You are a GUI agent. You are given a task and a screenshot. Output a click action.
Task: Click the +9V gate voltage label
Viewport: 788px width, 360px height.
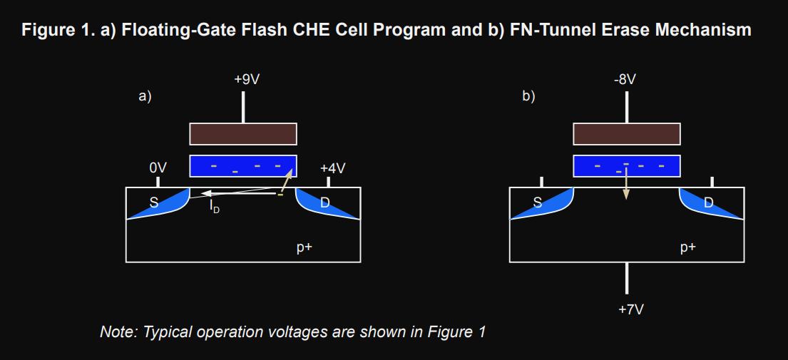[x=247, y=79]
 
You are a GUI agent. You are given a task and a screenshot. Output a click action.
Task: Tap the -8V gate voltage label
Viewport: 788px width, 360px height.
[x=625, y=79]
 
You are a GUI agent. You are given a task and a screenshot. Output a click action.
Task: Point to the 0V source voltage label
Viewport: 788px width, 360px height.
[x=158, y=168]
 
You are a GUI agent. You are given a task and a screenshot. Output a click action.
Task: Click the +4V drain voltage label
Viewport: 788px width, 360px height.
[x=332, y=168]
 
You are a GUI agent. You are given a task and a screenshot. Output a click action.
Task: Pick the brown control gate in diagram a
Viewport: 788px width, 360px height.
[x=243, y=133]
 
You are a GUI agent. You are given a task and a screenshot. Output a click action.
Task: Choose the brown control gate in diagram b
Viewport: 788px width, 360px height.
[x=627, y=133]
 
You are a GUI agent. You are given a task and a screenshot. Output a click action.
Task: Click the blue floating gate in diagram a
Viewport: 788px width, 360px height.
[x=243, y=165]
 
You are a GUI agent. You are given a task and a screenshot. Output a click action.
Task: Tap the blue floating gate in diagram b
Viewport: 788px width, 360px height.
[x=627, y=165]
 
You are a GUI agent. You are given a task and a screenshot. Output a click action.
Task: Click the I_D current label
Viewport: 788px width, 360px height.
[x=214, y=208]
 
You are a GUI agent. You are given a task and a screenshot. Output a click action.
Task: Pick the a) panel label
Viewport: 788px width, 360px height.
[x=145, y=96]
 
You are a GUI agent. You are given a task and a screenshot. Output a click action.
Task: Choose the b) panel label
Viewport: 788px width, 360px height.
[x=528, y=96]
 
